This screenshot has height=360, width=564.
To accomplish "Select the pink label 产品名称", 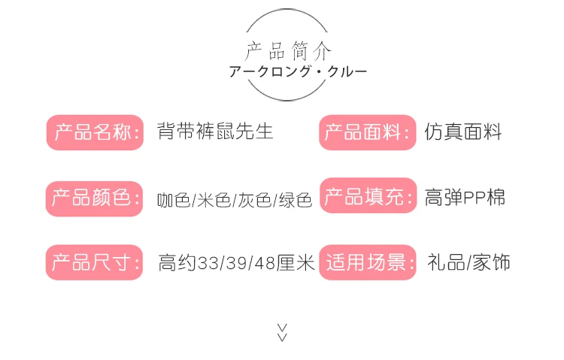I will coord(94,133).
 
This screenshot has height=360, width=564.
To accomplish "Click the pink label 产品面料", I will coord(367,133).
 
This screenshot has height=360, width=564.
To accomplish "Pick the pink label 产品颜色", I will coord(94,198).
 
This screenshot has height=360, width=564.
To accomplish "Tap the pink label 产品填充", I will coord(367,198).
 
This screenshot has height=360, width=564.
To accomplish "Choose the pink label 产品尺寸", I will coord(94,262).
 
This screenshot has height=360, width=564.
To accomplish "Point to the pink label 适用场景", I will coord(367,262).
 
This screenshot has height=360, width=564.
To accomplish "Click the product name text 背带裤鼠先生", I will coord(215,132).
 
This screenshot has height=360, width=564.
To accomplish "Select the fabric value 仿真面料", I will coord(462,132).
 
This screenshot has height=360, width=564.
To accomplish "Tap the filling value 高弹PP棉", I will coord(465,198).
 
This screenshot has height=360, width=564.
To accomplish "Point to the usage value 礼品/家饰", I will coord(468,262).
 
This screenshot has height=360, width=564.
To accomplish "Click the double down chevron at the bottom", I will coord(283,332).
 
